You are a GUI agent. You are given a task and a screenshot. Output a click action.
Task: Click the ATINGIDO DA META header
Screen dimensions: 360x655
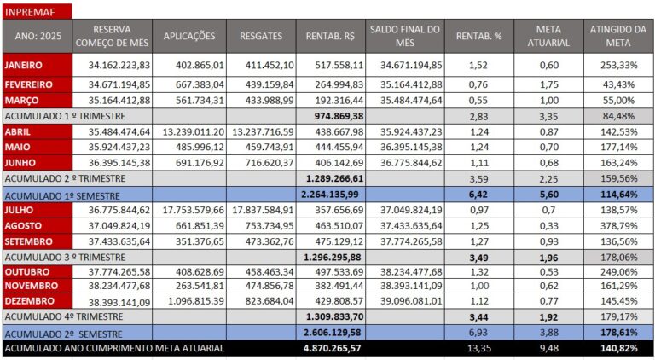coord(618,36)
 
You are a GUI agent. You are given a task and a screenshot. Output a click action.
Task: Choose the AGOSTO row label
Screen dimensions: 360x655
coord(26,225)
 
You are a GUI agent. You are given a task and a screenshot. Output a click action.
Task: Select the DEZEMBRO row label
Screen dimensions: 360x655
coord(32,301)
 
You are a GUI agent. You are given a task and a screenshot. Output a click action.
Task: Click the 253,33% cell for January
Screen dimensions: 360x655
coord(618,65)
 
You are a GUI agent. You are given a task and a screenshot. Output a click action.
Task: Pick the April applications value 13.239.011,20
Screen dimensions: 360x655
coord(194,131)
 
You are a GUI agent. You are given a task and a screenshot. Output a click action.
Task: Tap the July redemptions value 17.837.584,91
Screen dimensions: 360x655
coord(263,210)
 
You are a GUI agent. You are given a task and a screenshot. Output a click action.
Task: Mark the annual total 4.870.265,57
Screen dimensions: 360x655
coord(333,348)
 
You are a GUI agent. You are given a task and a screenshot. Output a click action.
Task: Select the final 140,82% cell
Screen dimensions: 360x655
coord(619,348)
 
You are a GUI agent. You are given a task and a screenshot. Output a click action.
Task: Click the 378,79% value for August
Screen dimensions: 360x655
coord(618,225)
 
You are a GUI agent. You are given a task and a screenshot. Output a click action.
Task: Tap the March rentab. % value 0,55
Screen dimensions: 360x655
coord(478,100)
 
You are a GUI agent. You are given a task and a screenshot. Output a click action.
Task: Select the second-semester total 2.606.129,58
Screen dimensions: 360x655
coord(333,332)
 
